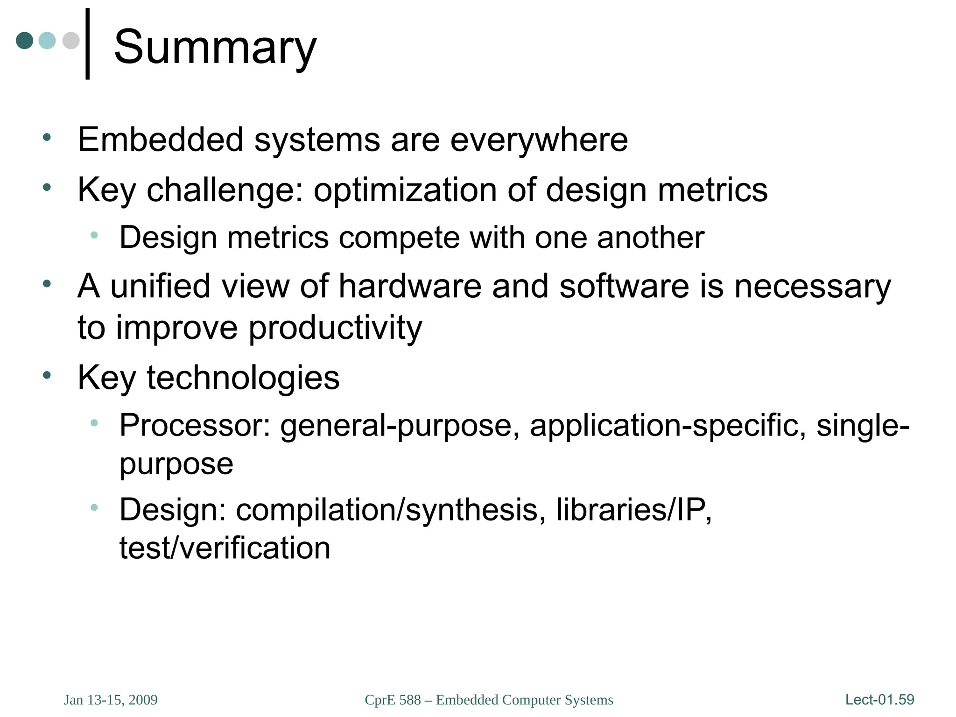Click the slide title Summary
(x=215, y=48)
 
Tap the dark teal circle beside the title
(x=25, y=41)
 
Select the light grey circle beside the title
(x=71, y=41)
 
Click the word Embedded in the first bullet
(x=161, y=140)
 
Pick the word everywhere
(x=539, y=140)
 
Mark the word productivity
(x=335, y=328)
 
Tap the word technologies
(x=243, y=378)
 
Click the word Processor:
(x=195, y=425)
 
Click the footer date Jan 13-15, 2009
(x=111, y=700)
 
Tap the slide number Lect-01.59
(x=879, y=700)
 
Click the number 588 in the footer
(x=410, y=700)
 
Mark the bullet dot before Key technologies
(x=47, y=375)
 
